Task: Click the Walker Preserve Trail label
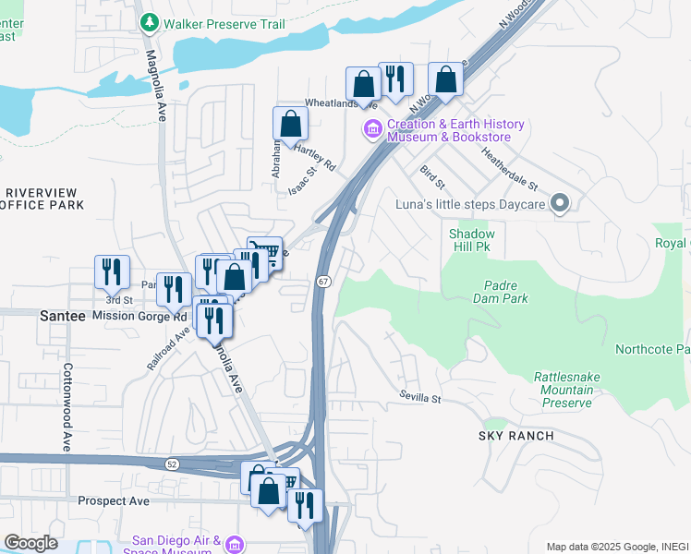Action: coord(224,22)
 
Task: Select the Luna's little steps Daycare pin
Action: coord(559,204)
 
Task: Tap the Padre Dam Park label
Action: coord(505,293)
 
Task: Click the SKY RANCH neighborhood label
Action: coord(515,436)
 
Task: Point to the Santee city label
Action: coord(63,316)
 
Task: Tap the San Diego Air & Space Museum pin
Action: coord(236,544)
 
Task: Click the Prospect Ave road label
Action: coord(114,501)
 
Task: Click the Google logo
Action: coord(30,543)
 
